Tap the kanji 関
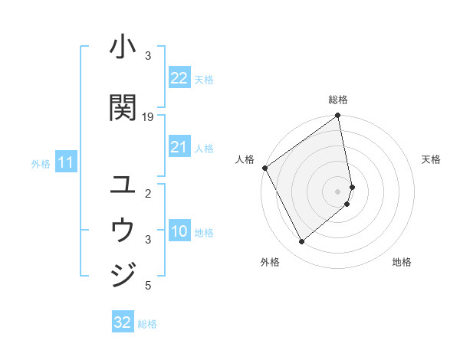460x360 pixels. (123, 108)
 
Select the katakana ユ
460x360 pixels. (123, 184)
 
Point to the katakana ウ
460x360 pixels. (123, 230)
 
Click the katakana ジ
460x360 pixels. (123, 274)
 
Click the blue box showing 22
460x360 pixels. (179, 78)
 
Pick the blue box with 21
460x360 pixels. (179, 148)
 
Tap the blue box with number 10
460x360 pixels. (179, 232)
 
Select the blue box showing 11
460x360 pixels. (65, 162)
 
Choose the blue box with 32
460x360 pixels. (123, 322)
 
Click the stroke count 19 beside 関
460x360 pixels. (148, 116)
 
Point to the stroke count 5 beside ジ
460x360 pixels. (148, 286)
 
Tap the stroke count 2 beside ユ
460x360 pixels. (148, 193)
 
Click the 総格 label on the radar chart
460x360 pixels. (338, 100)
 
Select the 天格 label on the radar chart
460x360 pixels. (431, 159)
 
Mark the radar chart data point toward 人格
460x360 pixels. (264, 168)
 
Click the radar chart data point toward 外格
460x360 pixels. (301, 242)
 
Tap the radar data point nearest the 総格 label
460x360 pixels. (338, 116)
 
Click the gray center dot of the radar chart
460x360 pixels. (338, 191)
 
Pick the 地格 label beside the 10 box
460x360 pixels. (204, 232)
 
